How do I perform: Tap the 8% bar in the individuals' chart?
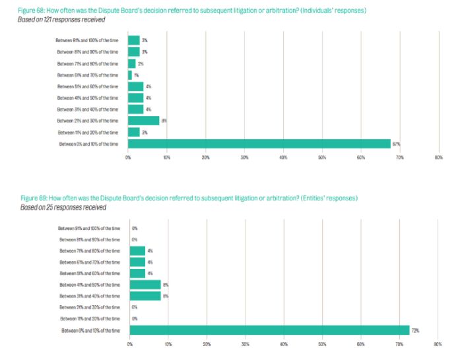pyautogui.click(x=143, y=121)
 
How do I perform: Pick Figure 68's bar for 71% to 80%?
pyautogui.click(x=132, y=63)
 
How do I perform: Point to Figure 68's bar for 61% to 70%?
pyautogui.click(x=130, y=75)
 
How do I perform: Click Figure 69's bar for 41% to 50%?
pyautogui.click(x=145, y=285)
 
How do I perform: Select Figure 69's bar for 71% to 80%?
pyautogui.click(x=137, y=251)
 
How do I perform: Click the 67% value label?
pyautogui.click(x=397, y=144)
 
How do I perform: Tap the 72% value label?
pyautogui.click(x=416, y=330)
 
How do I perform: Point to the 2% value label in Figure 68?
pyautogui.click(x=141, y=63)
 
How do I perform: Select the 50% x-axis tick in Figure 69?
pyautogui.click(x=322, y=344)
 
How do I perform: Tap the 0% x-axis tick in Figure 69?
pyautogui.click(x=130, y=344)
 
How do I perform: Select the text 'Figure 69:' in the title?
pyautogui.click(x=34, y=198)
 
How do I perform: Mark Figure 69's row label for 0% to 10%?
pyautogui.click(x=90, y=330)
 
